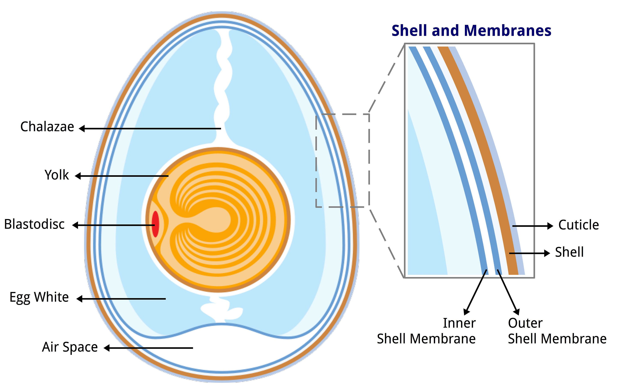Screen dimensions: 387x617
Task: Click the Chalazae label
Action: (47, 127)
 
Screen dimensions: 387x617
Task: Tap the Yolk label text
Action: (57, 175)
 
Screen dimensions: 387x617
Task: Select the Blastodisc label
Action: (34, 224)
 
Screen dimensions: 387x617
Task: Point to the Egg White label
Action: (39, 297)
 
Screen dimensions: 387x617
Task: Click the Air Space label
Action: (70, 347)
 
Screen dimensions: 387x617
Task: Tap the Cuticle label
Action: (578, 225)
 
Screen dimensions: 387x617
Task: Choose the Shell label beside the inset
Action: (569, 252)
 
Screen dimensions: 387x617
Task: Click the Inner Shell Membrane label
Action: (426, 331)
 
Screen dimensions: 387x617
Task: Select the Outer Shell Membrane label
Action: (557, 331)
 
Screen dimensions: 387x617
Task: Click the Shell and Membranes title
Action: (471, 31)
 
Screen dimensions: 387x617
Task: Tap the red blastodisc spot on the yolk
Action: (155, 224)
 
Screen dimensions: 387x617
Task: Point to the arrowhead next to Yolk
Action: (78, 176)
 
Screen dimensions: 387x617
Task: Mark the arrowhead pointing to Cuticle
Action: (550, 226)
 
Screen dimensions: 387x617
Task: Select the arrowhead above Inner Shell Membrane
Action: (466, 312)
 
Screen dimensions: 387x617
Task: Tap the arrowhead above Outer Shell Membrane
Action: (517, 312)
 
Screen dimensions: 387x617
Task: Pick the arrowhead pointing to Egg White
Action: (79, 299)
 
